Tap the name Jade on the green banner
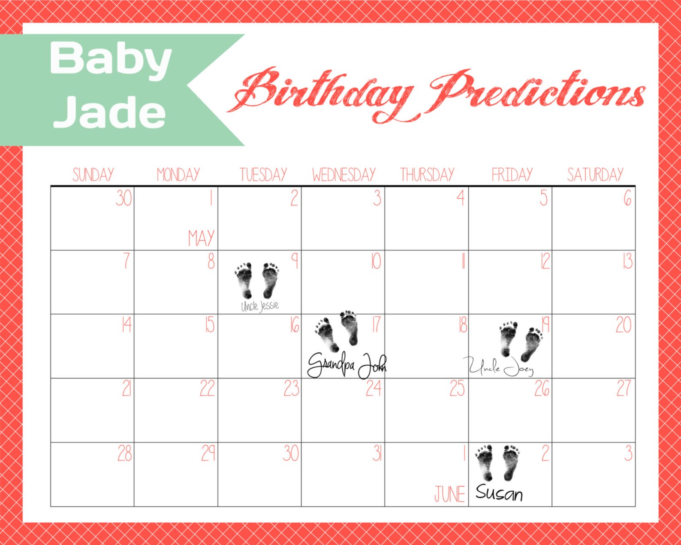tap(110, 112)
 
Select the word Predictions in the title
tap(538, 92)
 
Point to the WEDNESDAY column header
tap(344, 175)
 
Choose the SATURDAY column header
tap(595, 175)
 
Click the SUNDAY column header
tap(93, 175)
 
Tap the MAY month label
tap(201, 238)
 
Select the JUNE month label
tap(449, 494)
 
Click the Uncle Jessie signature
tap(260, 306)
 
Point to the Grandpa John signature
tap(347, 366)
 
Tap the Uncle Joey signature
tap(501, 367)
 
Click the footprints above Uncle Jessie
tap(257, 280)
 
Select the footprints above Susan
tap(498, 463)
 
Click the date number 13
tap(627, 261)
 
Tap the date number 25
tap(457, 388)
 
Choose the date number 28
tap(124, 453)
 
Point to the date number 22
tap(207, 388)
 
